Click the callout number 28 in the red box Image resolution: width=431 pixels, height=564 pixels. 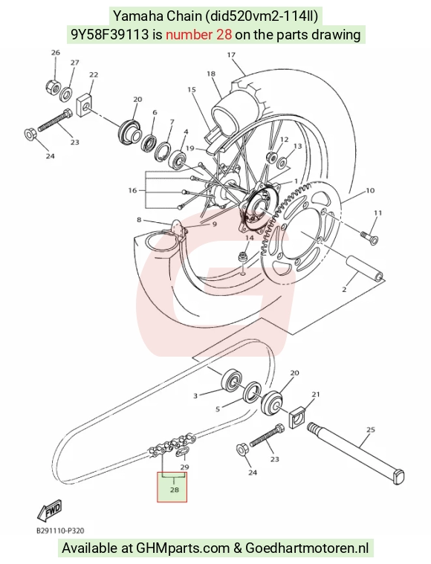pyautogui.click(x=175, y=490)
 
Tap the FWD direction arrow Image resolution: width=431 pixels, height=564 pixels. pyautogui.click(x=50, y=510)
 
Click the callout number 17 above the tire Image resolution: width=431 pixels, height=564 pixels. pyautogui.click(x=231, y=55)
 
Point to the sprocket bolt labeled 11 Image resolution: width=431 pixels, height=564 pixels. pyautogui.click(x=369, y=236)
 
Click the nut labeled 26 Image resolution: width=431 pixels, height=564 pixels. pyautogui.click(x=54, y=86)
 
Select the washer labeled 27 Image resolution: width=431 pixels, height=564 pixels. pyautogui.click(x=66, y=94)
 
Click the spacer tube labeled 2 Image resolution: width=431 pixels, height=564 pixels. pyautogui.click(x=364, y=270)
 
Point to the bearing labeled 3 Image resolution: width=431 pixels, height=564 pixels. pyautogui.click(x=231, y=382)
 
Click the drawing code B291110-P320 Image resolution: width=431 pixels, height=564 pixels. pyautogui.click(x=61, y=531)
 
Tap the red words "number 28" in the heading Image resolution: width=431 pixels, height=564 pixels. pyautogui.click(x=198, y=34)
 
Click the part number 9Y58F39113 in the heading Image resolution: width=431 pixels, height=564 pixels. pyautogui.click(x=110, y=34)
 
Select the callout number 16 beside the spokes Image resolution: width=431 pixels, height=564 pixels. pyautogui.click(x=133, y=190)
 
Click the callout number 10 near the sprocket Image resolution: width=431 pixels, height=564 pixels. pyautogui.click(x=370, y=190)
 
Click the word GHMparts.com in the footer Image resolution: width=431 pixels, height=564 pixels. pyautogui.click(x=183, y=548)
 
